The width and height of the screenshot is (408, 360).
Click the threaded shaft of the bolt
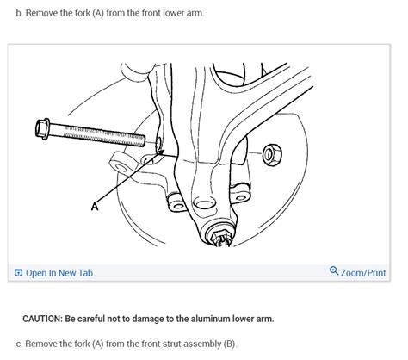click(103, 134)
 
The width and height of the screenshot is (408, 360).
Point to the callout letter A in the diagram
click(95, 207)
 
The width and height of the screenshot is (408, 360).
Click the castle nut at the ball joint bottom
click(218, 234)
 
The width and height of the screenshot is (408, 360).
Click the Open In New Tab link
click(59, 273)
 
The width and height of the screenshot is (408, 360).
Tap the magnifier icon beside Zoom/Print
click(334, 272)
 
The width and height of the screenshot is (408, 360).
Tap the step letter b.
click(19, 14)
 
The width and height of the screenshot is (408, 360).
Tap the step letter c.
click(19, 344)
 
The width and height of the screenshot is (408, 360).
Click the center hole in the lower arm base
click(204, 204)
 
